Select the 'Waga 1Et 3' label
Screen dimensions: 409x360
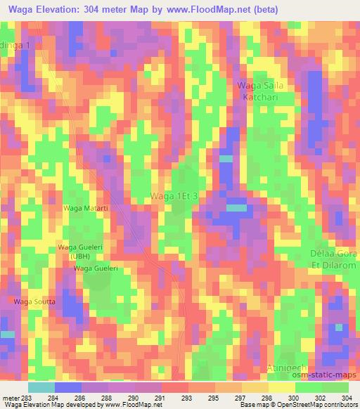(x=179, y=197)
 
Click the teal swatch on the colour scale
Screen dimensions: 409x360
(x=41, y=387)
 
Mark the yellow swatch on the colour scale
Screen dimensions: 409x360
(x=281, y=387)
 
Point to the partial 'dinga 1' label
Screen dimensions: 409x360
(x=15, y=45)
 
